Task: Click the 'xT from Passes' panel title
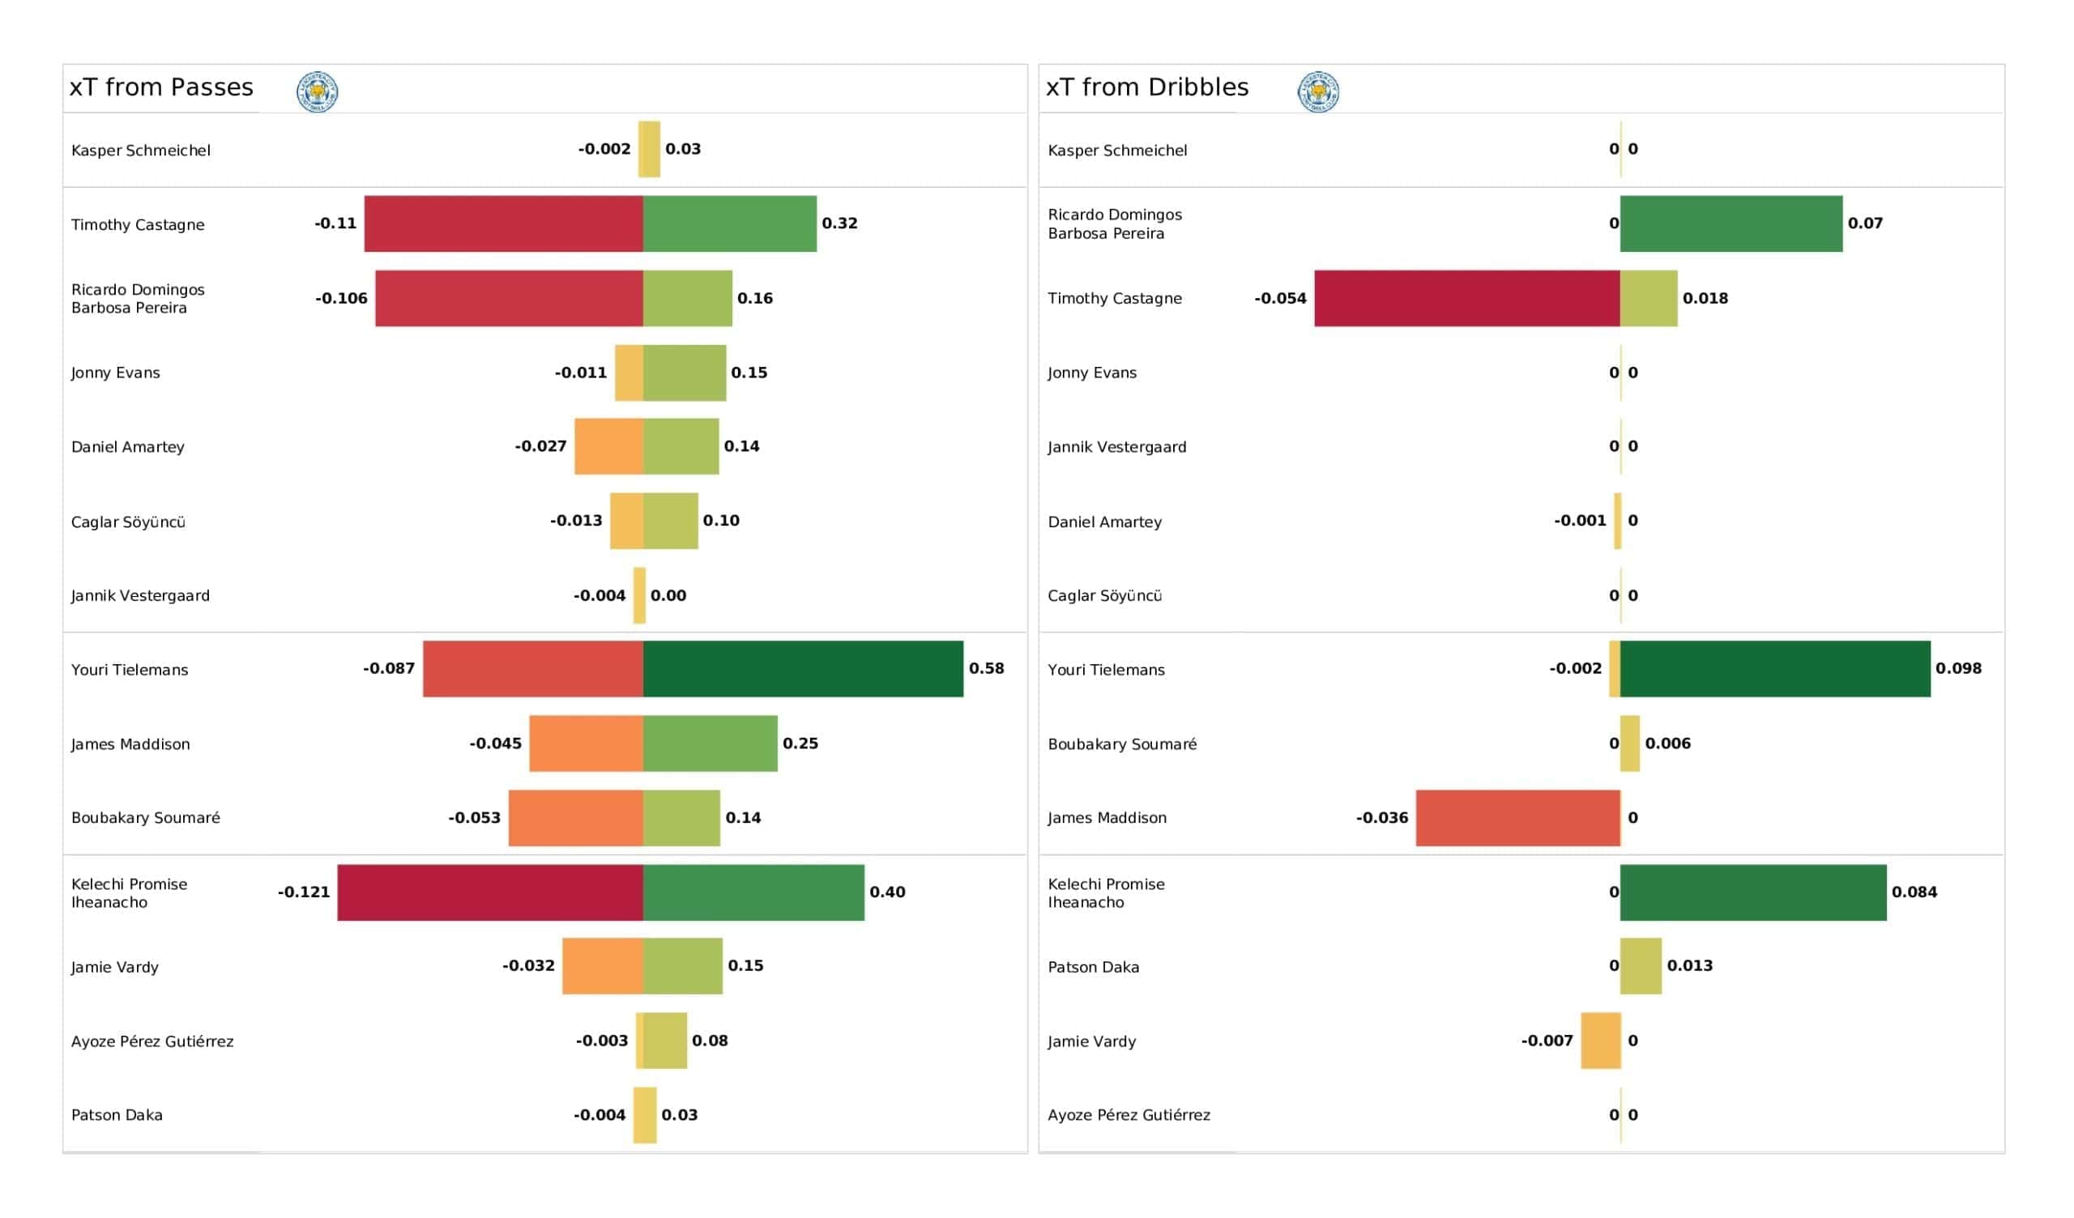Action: tap(161, 87)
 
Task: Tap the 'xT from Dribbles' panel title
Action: tap(1146, 87)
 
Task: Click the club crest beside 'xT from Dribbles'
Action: tap(1317, 92)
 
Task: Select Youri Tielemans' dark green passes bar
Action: tap(802, 668)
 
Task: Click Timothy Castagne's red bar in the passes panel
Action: tap(503, 223)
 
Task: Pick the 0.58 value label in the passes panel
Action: tap(986, 668)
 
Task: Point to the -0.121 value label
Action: tap(304, 892)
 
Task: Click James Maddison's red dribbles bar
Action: tap(1517, 817)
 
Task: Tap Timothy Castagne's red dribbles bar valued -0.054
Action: tap(1466, 298)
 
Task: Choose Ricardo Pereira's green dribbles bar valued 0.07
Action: tap(1730, 223)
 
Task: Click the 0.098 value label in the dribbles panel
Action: tap(1957, 668)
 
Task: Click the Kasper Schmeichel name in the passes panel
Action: tap(141, 150)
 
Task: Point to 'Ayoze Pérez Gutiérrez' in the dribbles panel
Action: tap(1129, 1114)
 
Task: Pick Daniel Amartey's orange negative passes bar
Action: tap(608, 446)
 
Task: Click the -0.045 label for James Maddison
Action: tap(495, 743)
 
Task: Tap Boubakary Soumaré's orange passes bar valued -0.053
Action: tap(575, 817)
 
